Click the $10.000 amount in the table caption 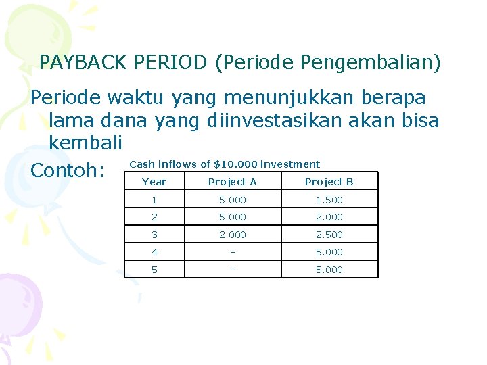pos(235,164)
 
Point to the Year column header pos(154,182)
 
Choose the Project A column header pos(232,182)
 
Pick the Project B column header pos(329,182)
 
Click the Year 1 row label pos(154,200)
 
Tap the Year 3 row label pos(154,235)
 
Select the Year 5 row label pos(154,270)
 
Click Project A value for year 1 pos(232,200)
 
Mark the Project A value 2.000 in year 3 pos(232,235)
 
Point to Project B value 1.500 pos(329,200)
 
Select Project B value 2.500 pos(329,235)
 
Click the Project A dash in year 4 pos(232,252)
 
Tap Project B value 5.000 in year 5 pos(329,270)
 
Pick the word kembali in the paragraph pos(85,143)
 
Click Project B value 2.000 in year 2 pos(329,217)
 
